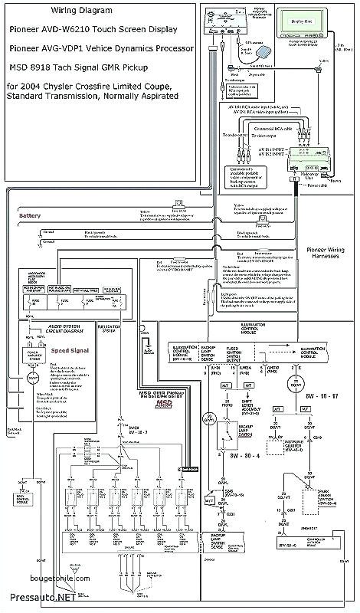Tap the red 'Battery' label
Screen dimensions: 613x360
pos(31,216)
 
